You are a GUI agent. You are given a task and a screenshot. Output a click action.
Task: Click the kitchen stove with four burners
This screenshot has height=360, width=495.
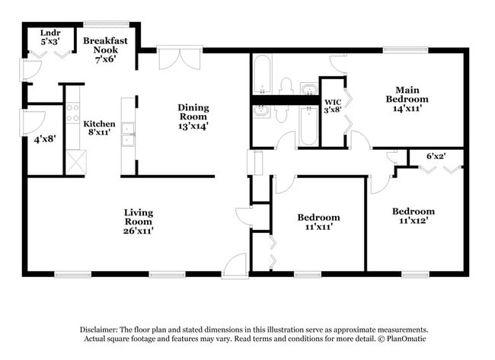(x=72, y=115)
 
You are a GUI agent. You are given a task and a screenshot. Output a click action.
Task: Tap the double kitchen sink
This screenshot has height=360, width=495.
(x=128, y=133)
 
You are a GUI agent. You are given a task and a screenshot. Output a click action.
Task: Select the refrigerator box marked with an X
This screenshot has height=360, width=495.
(x=76, y=162)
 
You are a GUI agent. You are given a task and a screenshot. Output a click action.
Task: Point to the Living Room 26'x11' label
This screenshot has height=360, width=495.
(x=139, y=221)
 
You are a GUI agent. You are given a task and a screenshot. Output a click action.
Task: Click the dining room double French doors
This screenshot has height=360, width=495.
(x=180, y=60)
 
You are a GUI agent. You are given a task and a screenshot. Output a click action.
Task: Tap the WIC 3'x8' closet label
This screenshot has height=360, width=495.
(x=332, y=106)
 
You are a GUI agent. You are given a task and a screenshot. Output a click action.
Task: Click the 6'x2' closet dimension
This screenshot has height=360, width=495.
(x=436, y=156)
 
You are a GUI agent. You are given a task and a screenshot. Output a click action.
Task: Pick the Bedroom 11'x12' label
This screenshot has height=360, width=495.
(x=413, y=216)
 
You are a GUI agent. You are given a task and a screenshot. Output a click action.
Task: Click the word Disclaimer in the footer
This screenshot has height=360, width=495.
(x=102, y=330)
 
